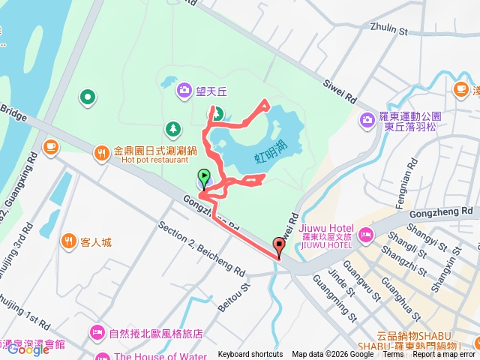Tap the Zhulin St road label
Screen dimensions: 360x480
(x=388, y=30)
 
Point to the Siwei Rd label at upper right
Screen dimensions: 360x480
(x=339, y=91)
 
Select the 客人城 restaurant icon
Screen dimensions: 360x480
(x=69, y=241)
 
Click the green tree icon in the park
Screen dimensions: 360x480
(x=173, y=128)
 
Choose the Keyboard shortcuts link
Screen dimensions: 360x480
(x=250, y=355)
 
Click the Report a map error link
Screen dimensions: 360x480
(x=443, y=355)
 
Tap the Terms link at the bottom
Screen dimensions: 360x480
(x=393, y=355)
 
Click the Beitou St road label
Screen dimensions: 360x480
(x=234, y=297)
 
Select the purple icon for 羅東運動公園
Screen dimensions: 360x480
(x=367, y=119)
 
